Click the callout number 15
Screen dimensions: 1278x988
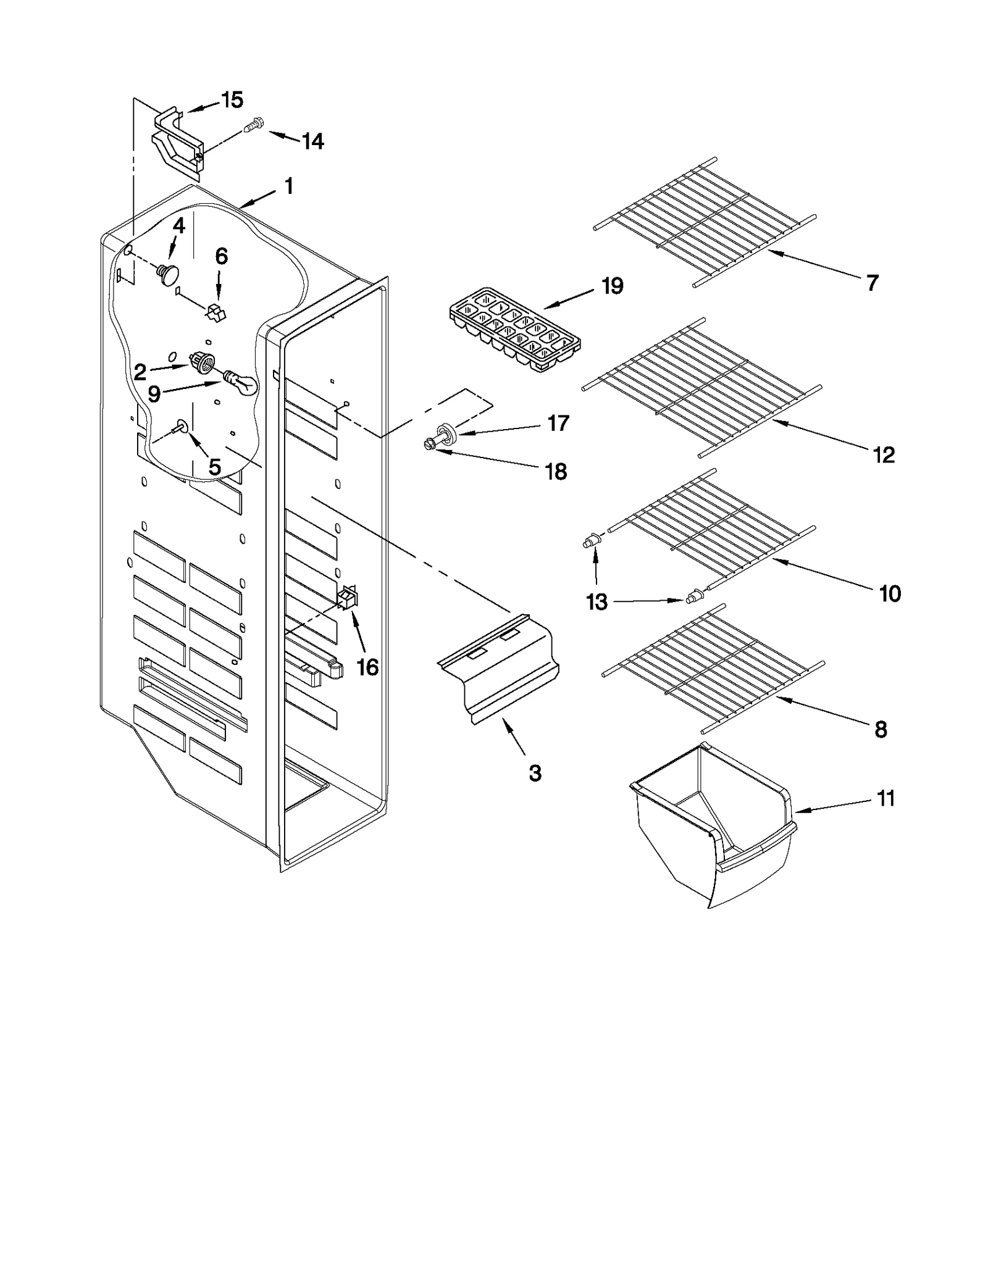[232, 100]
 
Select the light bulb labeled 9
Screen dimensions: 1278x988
[241, 382]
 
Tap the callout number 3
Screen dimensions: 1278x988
[535, 772]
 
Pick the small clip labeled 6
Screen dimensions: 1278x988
[215, 311]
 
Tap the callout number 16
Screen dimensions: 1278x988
[367, 667]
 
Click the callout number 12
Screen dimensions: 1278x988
[884, 455]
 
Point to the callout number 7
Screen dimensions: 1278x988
[871, 283]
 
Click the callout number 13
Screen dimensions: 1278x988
[597, 601]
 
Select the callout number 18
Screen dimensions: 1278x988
[556, 472]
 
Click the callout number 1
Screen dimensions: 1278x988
[288, 186]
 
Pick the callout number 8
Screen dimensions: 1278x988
[881, 729]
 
